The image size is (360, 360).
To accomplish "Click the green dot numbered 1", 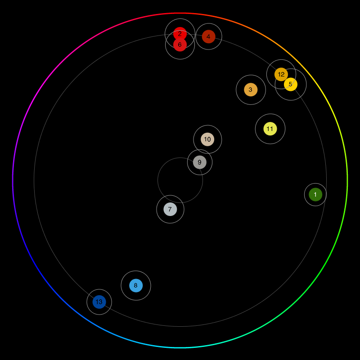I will point(315,194).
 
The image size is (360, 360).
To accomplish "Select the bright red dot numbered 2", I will point(180,32).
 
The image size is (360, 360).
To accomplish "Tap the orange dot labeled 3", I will point(251,90).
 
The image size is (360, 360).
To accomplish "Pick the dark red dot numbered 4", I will point(208,36).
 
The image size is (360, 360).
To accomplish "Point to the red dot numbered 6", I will point(180,45).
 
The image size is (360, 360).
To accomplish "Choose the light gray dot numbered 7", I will point(170,209).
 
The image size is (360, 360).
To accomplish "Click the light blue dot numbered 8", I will point(136,285).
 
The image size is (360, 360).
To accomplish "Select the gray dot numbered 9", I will point(200,162).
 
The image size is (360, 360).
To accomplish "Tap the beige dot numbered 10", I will point(207,139).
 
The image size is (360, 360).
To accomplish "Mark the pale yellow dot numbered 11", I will point(270,129).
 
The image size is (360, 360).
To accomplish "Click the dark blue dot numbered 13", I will point(99,302).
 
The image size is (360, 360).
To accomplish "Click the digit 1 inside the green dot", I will point(315,194).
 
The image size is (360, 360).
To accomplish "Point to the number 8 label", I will point(135,285).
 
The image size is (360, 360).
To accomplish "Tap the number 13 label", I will point(99,302).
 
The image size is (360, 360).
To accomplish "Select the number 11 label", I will point(270,129).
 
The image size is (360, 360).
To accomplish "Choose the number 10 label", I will point(207,139).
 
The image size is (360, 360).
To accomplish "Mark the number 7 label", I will point(170,209).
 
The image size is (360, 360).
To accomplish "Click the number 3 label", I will point(250,90).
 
